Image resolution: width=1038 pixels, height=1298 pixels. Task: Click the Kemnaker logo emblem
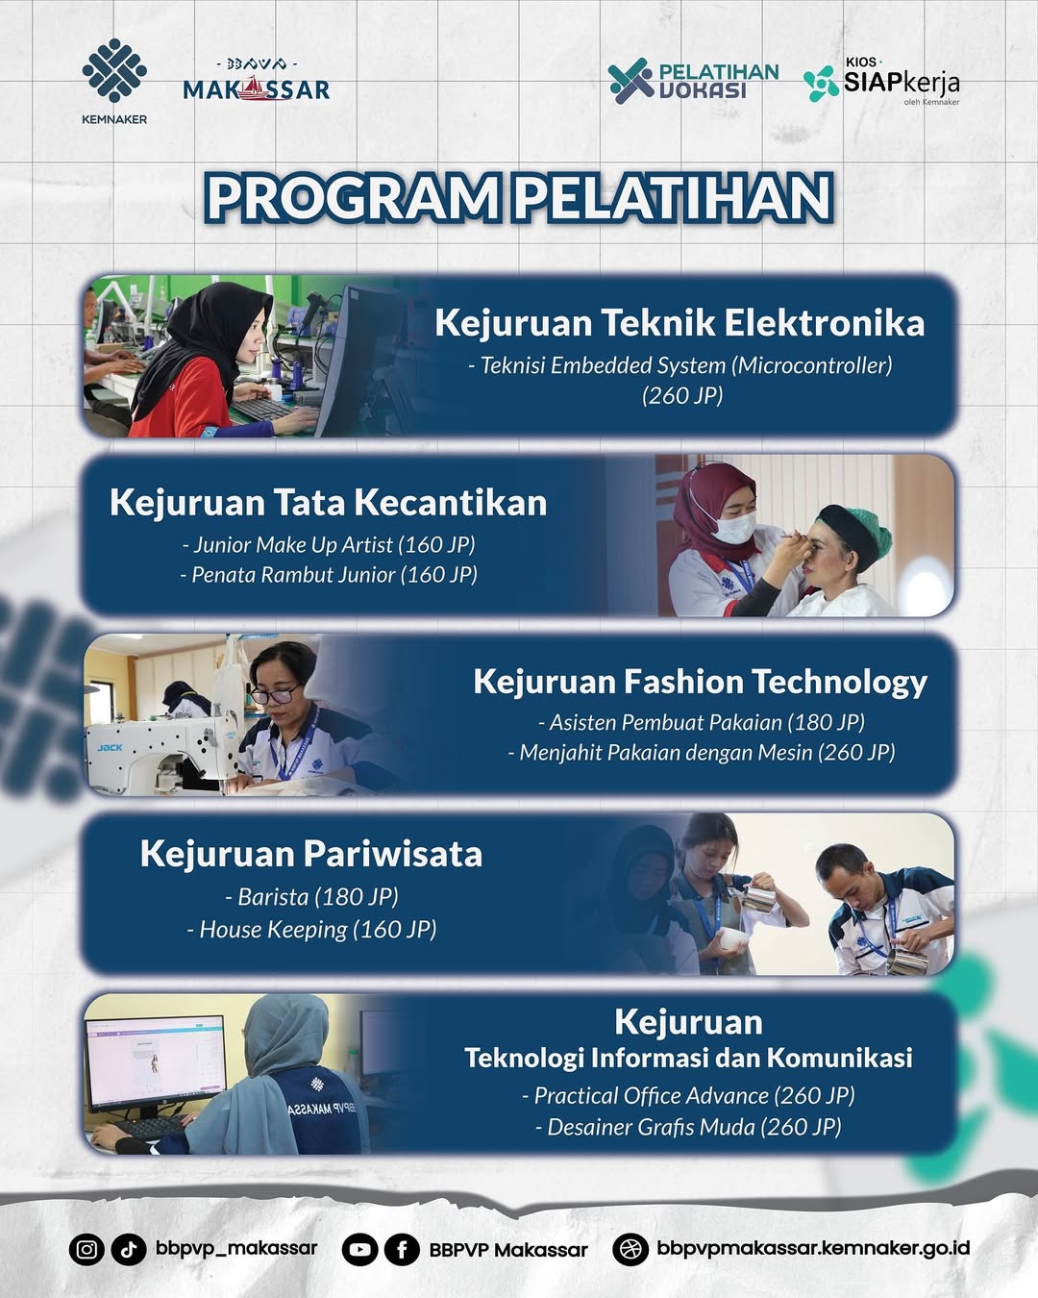point(114,70)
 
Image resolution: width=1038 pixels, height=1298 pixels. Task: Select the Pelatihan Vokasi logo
point(693,81)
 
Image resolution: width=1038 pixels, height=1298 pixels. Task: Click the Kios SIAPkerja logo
point(881,82)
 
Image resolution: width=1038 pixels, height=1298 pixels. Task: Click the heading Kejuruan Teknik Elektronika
point(680,323)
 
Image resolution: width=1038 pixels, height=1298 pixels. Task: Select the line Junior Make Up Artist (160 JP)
point(329,544)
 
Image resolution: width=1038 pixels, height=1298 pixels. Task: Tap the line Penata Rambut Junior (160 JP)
point(329,575)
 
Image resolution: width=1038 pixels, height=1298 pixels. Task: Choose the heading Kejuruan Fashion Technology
point(701,683)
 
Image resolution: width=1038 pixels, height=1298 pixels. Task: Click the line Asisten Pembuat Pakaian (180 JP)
point(702,722)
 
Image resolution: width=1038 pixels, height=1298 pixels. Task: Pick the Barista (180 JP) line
point(311,897)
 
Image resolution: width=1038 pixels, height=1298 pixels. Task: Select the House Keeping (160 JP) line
point(311,930)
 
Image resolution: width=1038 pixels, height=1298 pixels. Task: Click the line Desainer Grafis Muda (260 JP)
point(688,1127)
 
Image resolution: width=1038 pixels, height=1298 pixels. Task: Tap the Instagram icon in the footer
point(86,1248)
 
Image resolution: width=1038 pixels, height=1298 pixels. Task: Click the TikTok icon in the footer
point(129,1248)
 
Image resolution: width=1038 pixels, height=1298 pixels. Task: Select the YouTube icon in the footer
point(359,1249)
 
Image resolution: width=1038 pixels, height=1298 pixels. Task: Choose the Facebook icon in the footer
point(402,1249)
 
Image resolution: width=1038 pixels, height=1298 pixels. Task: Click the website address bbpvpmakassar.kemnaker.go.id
point(813,1247)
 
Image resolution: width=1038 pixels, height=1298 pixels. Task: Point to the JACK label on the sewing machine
point(110,747)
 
